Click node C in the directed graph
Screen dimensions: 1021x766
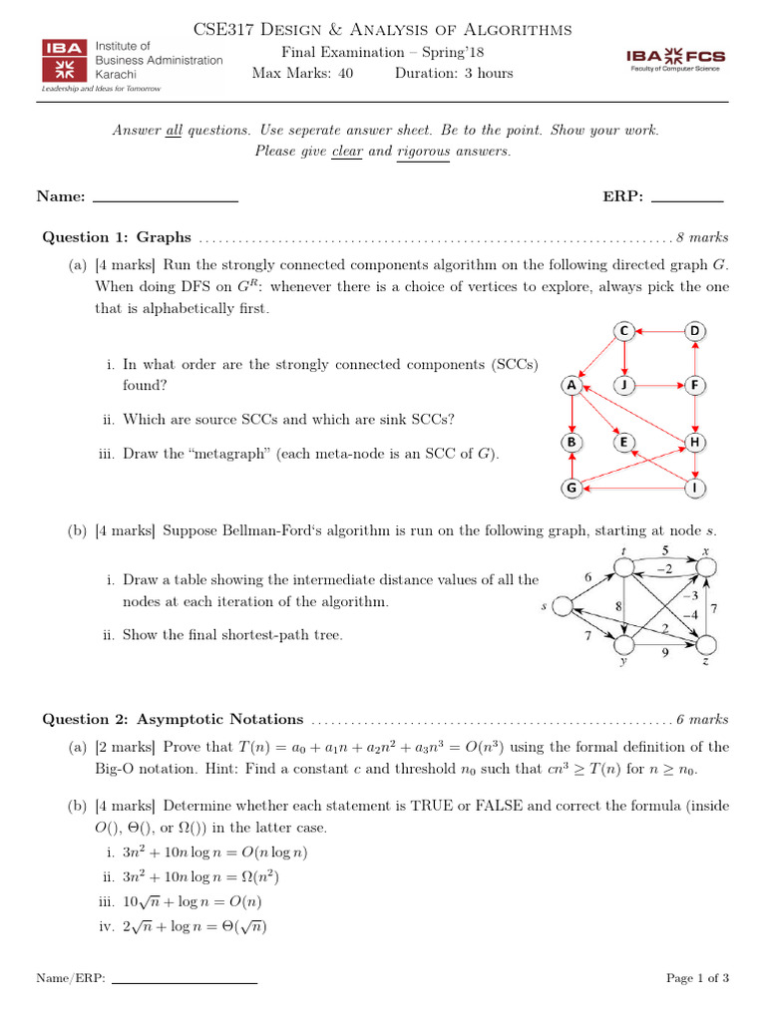pos(624,331)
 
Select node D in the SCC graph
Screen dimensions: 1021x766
pos(696,331)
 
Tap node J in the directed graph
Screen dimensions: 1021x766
pos(624,385)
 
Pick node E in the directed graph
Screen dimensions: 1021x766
pos(624,441)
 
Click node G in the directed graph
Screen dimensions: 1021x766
pos(572,489)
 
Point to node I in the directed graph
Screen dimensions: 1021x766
pos(696,489)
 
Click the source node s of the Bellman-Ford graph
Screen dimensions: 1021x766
pos(562,605)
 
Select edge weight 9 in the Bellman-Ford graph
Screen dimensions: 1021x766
pos(666,653)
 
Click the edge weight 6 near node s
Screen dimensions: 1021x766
pos(588,576)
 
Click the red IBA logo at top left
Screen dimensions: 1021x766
pos(64,60)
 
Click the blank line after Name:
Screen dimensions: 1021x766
pos(165,197)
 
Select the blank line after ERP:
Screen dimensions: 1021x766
pos(687,197)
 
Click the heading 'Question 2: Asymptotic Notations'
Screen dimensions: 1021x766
pos(172,719)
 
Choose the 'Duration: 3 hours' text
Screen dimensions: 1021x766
pos(454,73)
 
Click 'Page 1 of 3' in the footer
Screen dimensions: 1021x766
pos(697,978)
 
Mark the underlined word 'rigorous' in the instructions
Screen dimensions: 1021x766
pos(423,152)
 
